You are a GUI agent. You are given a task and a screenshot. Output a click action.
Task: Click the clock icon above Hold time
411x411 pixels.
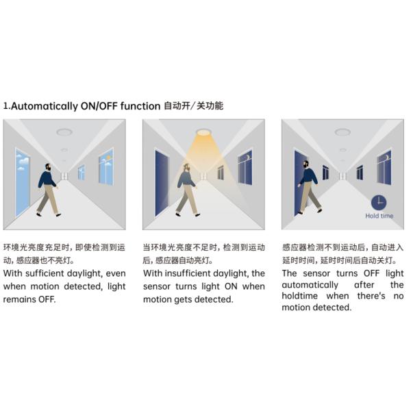coord(379,203)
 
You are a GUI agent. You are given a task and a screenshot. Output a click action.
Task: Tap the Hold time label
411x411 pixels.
coord(379,216)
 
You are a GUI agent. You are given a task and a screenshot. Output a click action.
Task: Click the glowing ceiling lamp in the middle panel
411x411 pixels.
coord(203,132)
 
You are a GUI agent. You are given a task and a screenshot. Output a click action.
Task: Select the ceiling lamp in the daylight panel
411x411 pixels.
coord(64,132)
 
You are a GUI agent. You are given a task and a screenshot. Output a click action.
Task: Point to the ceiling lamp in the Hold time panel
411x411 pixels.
coord(343,132)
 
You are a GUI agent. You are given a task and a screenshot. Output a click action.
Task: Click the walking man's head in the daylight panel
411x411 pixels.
coord(47,167)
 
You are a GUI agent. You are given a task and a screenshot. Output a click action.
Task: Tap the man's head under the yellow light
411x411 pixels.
coord(186,167)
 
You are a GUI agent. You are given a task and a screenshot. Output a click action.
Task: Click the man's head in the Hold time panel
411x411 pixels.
coord(306,164)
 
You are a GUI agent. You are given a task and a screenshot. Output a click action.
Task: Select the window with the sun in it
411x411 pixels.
coord(106,166)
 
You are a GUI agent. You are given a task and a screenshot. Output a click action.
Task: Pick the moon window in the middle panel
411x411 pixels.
coord(245,167)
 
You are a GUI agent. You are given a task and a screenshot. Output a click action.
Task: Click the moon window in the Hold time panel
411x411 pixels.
coord(384,167)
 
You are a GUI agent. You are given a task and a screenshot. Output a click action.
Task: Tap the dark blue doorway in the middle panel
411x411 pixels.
coord(162,183)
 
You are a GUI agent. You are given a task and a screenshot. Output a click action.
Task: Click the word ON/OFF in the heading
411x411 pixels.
coord(99,106)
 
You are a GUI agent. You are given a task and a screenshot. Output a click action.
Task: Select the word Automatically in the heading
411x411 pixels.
coord(45,106)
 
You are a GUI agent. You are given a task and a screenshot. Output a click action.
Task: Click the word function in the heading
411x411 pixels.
coord(140,106)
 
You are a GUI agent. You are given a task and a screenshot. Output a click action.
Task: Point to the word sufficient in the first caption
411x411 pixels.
coord(45,273)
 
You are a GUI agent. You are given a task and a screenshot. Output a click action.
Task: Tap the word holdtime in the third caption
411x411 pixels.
coord(299,296)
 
